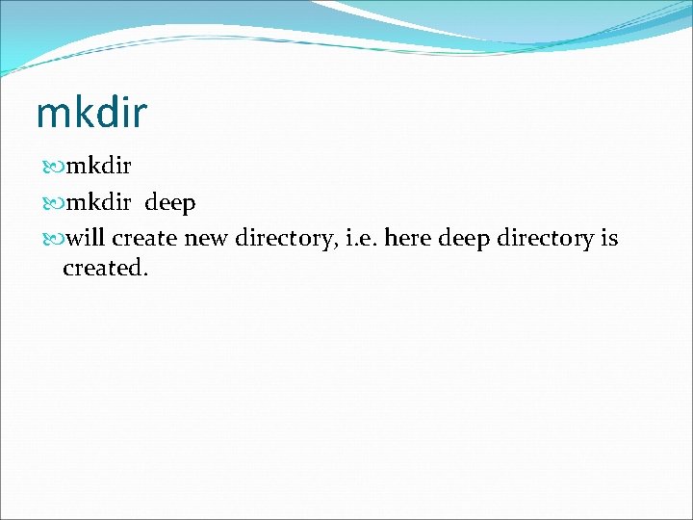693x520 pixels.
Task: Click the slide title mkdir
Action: pos(91,113)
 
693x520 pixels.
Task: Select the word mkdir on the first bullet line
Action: pos(98,168)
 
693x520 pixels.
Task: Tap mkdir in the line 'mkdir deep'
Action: pos(98,203)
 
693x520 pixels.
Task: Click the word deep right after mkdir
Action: pos(170,204)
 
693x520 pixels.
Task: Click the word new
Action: pos(206,239)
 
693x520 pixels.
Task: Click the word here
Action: pos(408,238)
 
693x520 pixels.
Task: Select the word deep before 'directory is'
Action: pos(464,239)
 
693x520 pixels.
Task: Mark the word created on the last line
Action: pos(103,269)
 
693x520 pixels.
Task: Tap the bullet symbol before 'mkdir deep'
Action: pos(53,204)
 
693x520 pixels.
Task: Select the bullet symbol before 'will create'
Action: pos(53,239)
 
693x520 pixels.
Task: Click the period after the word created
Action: pos(146,275)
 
